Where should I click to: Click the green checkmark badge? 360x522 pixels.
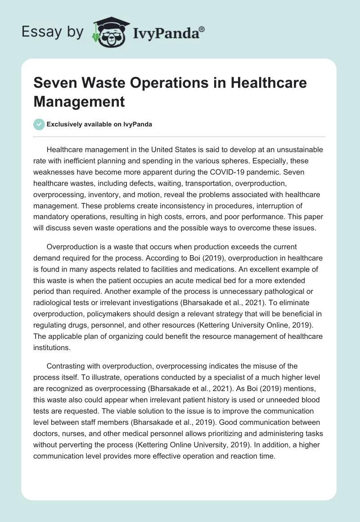39,124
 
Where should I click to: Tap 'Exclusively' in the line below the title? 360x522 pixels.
67,125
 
